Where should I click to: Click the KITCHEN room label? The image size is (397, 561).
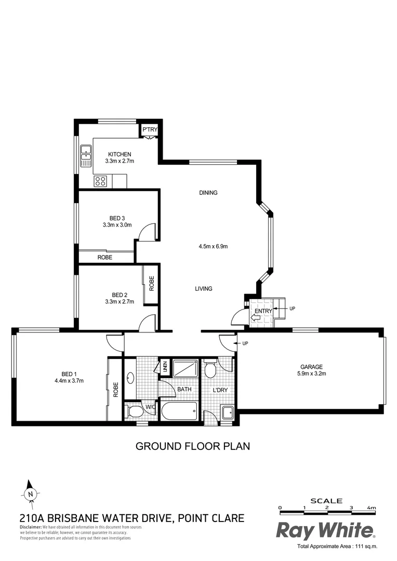click(120, 154)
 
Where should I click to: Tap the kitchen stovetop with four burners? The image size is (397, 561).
click(100, 181)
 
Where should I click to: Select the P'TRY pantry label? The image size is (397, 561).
click(150, 129)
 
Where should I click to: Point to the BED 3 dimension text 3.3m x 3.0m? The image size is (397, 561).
click(117, 225)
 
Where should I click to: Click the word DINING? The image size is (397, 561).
click(208, 193)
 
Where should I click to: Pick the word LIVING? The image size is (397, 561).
click(204, 289)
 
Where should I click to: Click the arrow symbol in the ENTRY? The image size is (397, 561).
click(256, 317)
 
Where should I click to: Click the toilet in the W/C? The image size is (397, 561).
click(135, 412)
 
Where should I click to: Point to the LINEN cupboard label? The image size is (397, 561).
click(165, 366)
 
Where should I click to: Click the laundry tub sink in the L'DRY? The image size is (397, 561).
click(227, 413)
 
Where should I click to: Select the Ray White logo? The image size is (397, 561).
click(325, 530)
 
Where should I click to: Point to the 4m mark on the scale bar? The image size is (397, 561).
click(370, 507)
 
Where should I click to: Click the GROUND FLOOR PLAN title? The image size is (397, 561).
click(193, 446)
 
